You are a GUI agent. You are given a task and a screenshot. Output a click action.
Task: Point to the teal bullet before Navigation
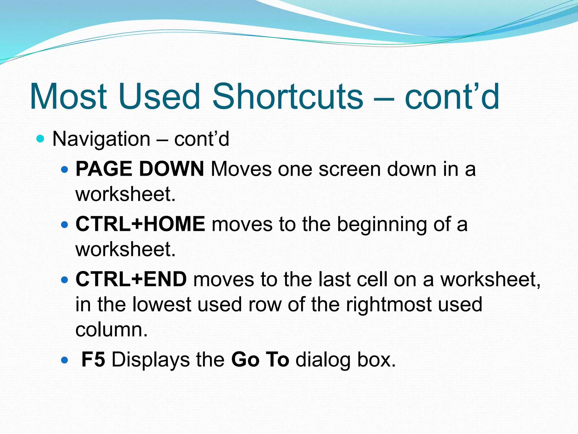click(x=41, y=139)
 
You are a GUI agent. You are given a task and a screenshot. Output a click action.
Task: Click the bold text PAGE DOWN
click(x=140, y=169)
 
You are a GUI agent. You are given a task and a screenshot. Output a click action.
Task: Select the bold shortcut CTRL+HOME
click(x=140, y=224)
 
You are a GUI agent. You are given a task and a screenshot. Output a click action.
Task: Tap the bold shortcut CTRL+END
click(x=131, y=279)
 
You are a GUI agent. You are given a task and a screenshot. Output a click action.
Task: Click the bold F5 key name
click(x=93, y=360)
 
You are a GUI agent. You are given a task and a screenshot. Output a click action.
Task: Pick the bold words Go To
click(x=260, y=360)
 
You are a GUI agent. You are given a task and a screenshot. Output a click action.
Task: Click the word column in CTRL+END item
click(x=111, y=330)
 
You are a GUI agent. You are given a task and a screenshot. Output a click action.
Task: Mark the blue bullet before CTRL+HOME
click(x=65, y=225)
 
